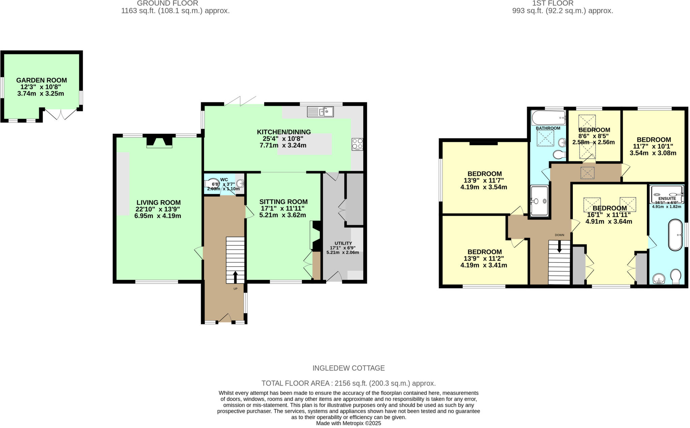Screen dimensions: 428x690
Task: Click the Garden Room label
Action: click(41, 80)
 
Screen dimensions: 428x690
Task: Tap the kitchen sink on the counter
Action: click(320, 111)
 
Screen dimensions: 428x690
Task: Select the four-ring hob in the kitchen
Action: click(357, 144)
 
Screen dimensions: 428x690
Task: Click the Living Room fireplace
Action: click(159, 142)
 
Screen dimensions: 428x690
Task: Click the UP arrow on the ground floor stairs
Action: click(235, 277)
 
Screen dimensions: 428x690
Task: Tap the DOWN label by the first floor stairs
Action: click(559, 235)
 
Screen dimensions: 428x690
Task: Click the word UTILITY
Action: click(343, 243)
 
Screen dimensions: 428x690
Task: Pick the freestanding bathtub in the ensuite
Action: click(675, 235)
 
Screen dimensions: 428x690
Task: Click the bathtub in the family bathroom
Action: click(548, 118)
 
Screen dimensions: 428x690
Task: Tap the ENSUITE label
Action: click(667, 198)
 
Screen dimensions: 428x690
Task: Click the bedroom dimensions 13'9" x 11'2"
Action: click(484, 259)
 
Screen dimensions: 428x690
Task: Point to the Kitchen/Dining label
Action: click(284, 132)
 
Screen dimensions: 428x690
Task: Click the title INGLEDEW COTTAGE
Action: click(348, 368)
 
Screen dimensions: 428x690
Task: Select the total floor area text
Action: click(348, 383)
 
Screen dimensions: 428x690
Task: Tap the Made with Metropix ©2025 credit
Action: click(348, 423)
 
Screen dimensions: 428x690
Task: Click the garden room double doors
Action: click(61, 114)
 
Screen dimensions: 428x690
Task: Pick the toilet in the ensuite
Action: click(676, 277)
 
